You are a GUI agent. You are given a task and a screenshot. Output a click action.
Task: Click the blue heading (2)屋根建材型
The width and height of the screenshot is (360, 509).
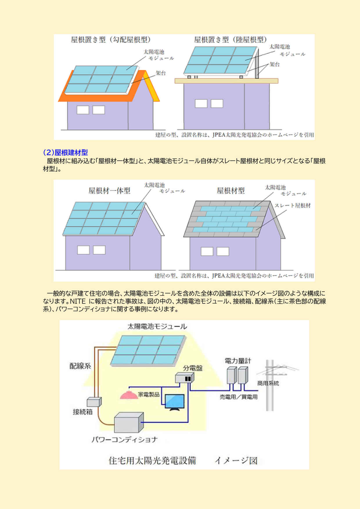(x=65, y=152)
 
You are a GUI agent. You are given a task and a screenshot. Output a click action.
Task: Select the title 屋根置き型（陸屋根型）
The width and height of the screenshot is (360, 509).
(x=230, y=40)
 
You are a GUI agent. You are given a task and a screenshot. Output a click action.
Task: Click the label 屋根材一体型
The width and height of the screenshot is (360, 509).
(x=109, y=191)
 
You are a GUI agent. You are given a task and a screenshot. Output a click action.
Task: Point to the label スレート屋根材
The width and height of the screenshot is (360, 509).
(x=292, y=205)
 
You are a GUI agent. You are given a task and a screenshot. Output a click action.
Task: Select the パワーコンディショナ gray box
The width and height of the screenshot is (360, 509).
(x=129, y=423)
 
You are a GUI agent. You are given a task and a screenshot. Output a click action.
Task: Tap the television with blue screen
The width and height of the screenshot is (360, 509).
(x=174, y=402)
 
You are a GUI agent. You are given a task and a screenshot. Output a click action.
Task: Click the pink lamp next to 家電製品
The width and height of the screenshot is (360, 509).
(x=129, y=395)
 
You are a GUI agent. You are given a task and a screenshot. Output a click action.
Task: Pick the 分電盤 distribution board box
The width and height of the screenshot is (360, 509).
(x=184, y=378)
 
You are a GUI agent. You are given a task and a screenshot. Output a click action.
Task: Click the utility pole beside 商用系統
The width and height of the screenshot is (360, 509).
(x=270, y=386)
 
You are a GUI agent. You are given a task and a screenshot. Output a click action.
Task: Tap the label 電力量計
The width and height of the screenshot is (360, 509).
(x=238, y=361)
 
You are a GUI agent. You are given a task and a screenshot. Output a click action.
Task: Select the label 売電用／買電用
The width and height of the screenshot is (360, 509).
(x=238, y=397)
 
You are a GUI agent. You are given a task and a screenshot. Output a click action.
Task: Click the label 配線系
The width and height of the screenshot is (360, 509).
(x=80, y=366)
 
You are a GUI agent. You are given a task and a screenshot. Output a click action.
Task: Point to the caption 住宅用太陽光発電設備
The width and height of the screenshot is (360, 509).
(x=152, y=461)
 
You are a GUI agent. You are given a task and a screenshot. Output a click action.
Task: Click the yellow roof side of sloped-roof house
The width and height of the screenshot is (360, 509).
(x=152, y=87)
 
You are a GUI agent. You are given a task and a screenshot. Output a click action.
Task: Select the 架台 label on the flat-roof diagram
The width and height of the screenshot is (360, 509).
(x=274, y=64)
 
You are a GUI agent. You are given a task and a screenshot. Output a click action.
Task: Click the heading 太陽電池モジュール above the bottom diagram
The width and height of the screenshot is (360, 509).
(x=157, y=326)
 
